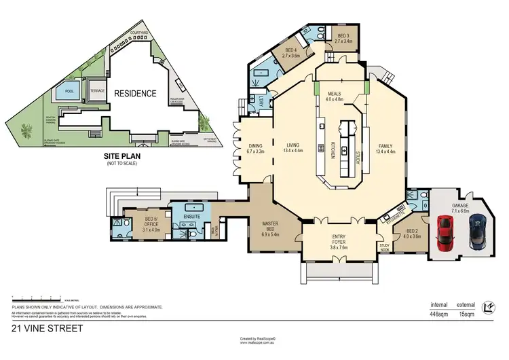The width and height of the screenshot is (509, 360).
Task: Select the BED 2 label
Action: [412, 233]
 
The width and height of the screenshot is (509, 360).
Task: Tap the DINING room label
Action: [255, 146]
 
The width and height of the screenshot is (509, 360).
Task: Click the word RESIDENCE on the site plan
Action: [134, 94]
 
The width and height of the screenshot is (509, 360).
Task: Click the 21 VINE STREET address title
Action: [48, 328]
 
